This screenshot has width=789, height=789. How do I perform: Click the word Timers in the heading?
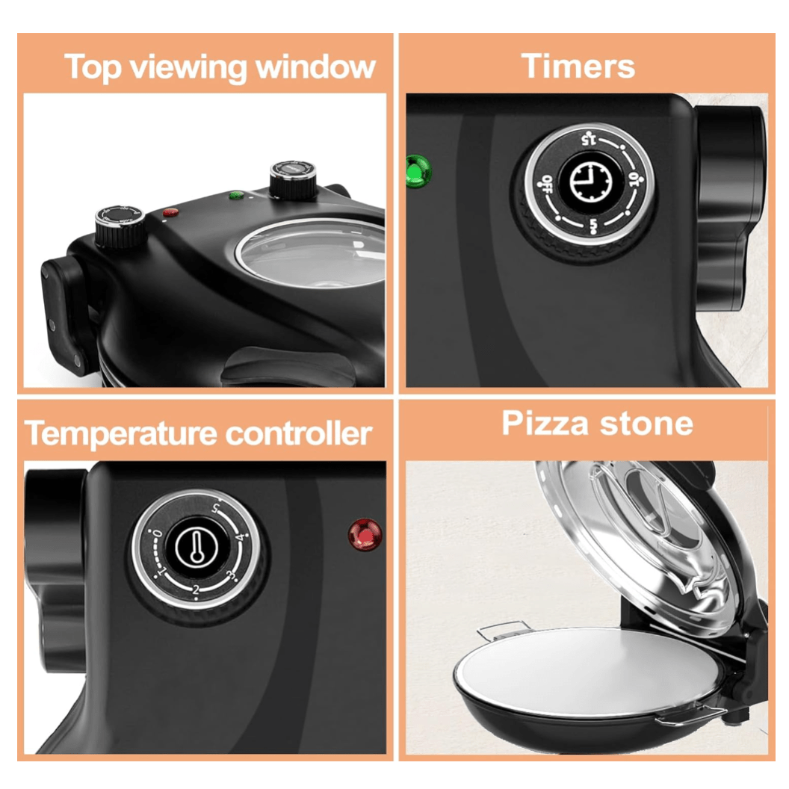click(579, 66)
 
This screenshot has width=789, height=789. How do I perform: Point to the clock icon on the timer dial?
click(590, 182)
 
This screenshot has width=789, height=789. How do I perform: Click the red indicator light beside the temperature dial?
click(365, 534)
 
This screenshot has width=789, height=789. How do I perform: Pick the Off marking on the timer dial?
click(547, 182)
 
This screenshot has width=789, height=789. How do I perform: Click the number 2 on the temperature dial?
click(196, 590)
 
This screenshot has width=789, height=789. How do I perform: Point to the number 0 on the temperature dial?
click(157, 535)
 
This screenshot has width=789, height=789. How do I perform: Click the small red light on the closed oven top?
click(170, 212)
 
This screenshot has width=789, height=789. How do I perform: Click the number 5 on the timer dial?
click(590, 225)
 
